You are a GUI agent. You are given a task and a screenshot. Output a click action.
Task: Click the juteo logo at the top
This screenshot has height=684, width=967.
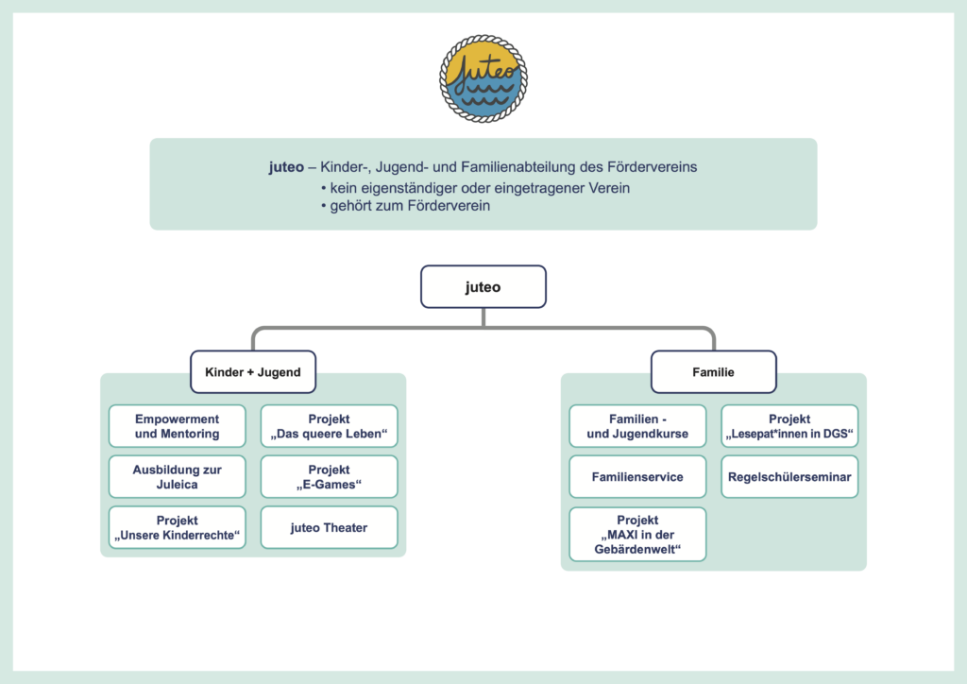click(483, 78)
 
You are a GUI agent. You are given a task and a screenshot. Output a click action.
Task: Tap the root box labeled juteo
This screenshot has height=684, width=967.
click(483, 286)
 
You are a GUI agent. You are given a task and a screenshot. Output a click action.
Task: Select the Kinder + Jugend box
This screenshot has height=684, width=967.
click(252, 372)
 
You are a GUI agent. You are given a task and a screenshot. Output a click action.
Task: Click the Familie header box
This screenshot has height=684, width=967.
click(713, 372)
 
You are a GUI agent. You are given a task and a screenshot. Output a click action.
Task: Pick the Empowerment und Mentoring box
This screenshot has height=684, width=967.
click(178, 426)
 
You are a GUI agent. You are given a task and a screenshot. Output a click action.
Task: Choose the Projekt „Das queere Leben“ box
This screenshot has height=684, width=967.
click(329, 426)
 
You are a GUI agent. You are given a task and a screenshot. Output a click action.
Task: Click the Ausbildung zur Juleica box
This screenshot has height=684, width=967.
click(178, 477)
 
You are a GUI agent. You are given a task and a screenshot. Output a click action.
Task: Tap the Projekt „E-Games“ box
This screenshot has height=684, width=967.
click(329, 477)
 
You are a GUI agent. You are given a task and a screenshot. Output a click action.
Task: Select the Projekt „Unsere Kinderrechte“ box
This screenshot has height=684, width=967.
click(178, 528)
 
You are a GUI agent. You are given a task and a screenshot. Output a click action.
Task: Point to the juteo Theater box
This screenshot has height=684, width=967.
click(329, 528)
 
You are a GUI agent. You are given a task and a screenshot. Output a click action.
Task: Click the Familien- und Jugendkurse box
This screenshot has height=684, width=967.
click(637, 426)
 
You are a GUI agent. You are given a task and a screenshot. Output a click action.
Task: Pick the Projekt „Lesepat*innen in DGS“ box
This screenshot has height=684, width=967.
click(789, 426)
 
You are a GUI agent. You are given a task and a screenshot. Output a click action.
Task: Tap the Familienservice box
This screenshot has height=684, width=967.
click(637, 477)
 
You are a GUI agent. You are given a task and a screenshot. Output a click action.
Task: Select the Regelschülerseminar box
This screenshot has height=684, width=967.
click(789, 477)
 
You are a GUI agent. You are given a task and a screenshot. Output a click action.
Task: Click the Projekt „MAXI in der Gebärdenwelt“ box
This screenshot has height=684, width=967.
click(637, 534)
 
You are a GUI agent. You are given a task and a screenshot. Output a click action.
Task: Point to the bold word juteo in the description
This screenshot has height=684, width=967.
click(286, 167)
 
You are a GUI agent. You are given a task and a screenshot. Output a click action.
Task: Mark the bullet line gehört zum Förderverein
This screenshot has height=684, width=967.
click(410, 206)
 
